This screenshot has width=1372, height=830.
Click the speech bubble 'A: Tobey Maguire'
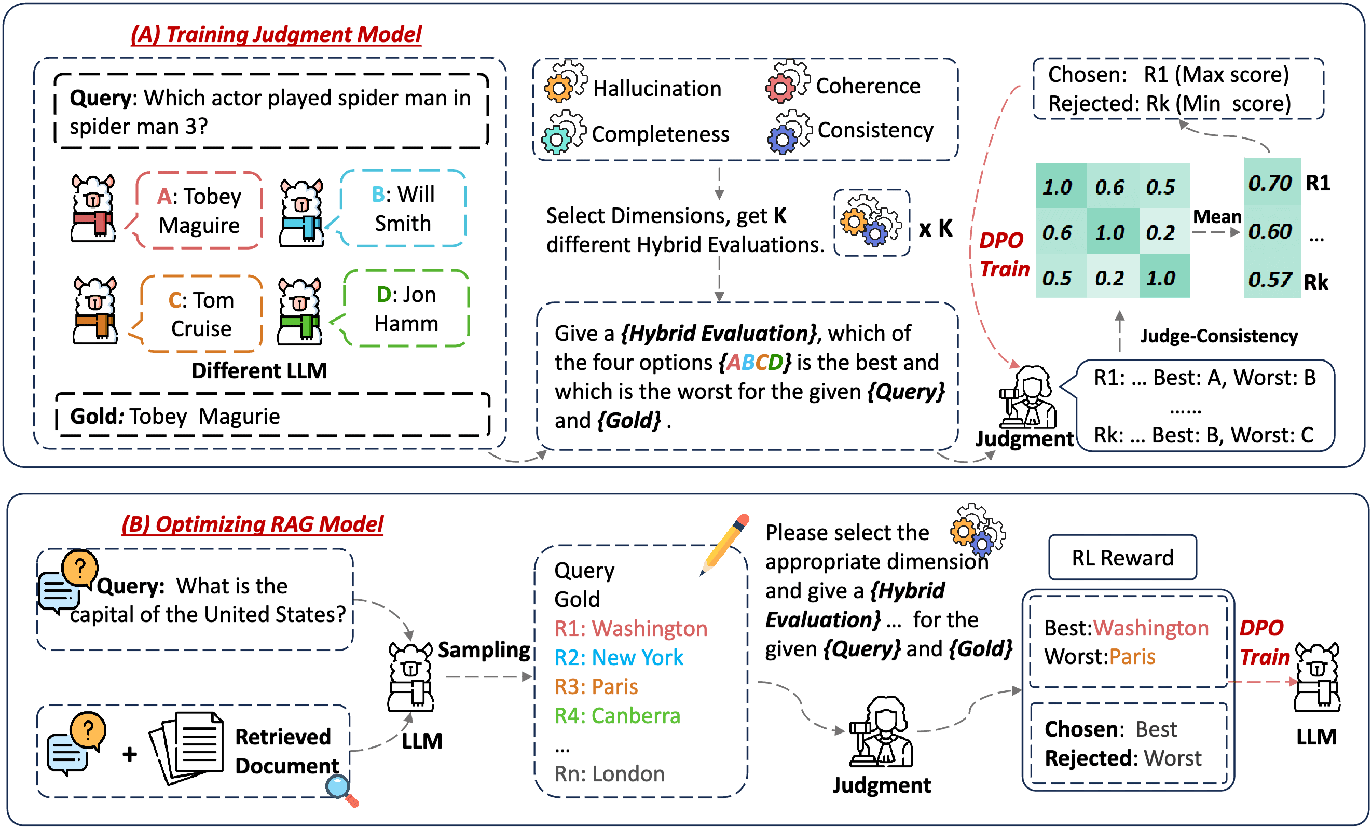coord(199,211)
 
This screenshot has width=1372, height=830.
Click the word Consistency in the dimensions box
coord(875,130)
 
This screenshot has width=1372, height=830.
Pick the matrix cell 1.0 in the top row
coord(1058,186)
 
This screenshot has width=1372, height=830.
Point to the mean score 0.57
coord(1270,280)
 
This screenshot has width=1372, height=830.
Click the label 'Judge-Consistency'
coord(1218,336)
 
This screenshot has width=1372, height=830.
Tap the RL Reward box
coord(1122,557)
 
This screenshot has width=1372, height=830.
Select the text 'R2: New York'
coord(618,657)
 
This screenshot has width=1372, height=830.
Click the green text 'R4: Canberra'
coord(617,715)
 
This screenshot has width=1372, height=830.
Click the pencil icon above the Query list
coord(725,543)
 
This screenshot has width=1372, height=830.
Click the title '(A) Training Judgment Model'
coord(276,35)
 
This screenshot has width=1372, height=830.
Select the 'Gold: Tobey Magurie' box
coord(272,416)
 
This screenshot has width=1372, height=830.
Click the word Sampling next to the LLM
coord(483,649)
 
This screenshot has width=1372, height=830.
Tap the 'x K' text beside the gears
coord(936,228)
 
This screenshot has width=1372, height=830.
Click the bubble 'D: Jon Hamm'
coord(406,309)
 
